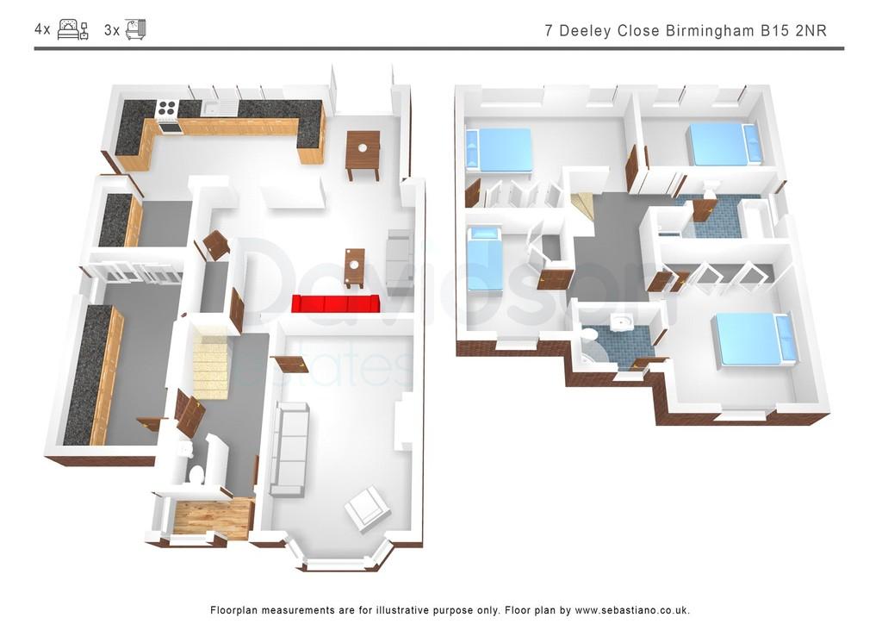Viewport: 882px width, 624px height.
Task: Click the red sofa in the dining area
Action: pyautogui.click(x=337, y=303)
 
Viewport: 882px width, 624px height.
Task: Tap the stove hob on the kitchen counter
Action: pyautogui.click(x=167, y=108)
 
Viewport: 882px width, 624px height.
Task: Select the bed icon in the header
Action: pyautogui.click(x=73, y=30)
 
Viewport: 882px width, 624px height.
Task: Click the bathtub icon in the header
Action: pyautogui.click(x=135, y=29)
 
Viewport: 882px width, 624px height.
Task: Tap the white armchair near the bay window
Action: pyautogui.click(x=366, y=510)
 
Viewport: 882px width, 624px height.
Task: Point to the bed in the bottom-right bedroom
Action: pyautogui.click(x=754, y=340)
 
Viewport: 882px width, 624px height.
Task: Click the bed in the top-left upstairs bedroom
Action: pyautogui.click(x=499, y=150)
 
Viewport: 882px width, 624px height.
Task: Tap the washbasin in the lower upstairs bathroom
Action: pyautogui.click(x=621, y=323)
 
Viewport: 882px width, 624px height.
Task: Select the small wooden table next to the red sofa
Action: pyautogui.click(x=354, y=266)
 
